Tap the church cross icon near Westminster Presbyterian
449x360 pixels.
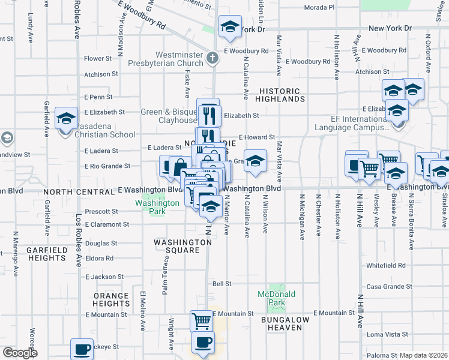211,59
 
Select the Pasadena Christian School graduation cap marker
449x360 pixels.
66,118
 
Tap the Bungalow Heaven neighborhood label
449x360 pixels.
285,323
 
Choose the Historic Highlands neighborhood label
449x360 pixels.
279,94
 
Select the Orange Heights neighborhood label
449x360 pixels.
110,299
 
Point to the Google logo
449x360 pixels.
20,353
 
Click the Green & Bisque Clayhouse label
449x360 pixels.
169,116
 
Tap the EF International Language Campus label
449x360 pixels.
352,124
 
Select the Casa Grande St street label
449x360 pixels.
391,287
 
